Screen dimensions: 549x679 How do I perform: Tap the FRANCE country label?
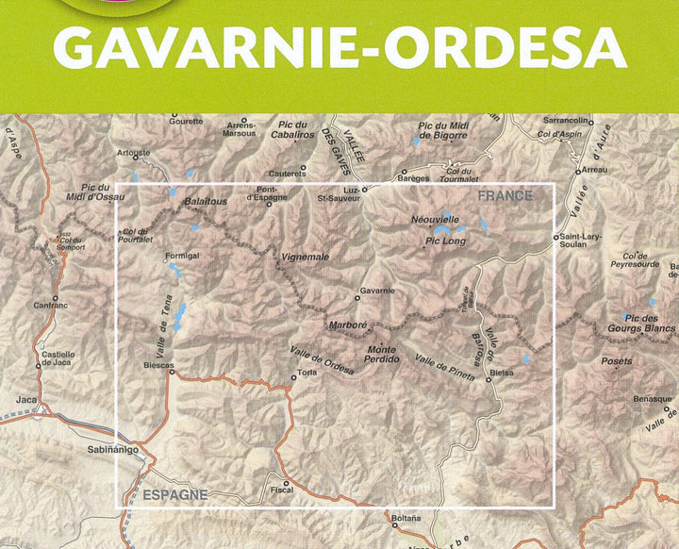[505, 195]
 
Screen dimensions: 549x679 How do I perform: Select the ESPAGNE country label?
[174, 493]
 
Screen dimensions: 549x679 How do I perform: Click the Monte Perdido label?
[381, 353]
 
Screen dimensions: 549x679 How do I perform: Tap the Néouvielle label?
[435, 218]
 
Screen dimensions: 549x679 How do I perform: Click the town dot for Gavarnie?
[357, 298]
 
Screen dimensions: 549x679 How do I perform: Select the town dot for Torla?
[292, 381]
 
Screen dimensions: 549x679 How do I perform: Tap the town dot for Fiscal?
[286, 482]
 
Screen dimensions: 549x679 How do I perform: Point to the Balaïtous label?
[206, 201]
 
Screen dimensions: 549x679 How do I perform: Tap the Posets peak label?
[614, 361]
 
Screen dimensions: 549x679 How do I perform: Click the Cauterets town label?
[288, 174]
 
